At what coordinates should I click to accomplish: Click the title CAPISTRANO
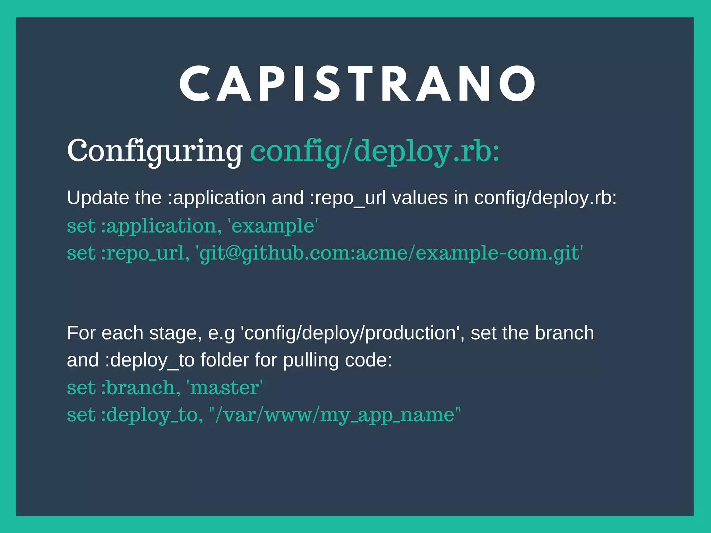click(358, 84)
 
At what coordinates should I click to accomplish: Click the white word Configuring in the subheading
click(154, 151)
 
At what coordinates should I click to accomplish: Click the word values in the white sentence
click(420, 198)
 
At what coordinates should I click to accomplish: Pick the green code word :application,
click(161, 226)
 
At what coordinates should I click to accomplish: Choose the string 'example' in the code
click(273, 226)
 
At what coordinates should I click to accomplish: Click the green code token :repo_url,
click(145, 253)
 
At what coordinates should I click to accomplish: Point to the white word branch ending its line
click(564, 333)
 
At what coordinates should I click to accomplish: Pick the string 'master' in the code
click(225, 387)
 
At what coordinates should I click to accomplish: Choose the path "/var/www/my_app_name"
click(335, 415)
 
